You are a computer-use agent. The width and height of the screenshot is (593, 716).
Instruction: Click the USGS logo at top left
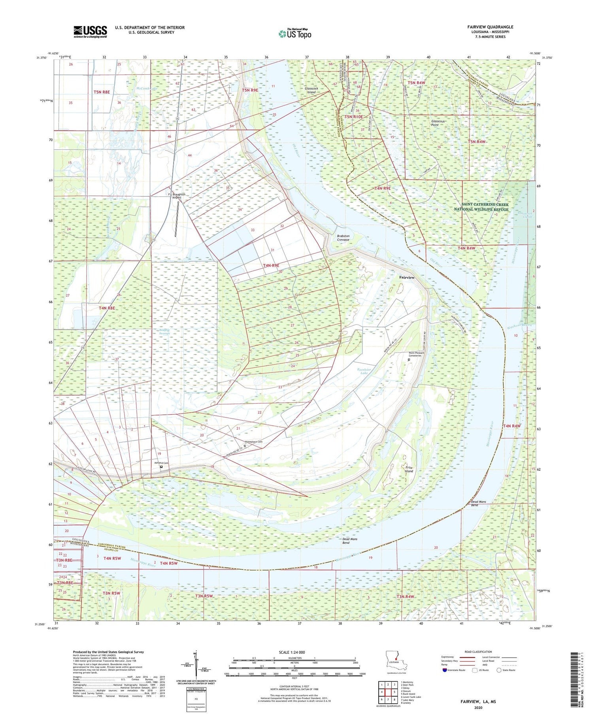click(x=90, y=32)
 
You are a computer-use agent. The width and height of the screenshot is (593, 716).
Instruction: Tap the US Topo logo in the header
click(x=295, y=34)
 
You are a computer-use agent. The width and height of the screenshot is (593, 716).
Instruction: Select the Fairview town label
click(x=407, y=277)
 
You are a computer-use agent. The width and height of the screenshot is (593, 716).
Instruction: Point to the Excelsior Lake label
click(x=363, y=371)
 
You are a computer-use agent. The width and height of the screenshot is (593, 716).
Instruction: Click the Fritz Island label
click(x=409, y=469)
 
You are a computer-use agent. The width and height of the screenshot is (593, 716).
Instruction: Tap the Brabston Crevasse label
click(x=343, y=238)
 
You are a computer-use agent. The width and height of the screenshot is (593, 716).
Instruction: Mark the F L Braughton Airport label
click(x=177, y=196)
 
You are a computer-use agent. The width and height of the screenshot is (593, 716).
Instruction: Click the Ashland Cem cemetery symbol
click(x=161, y=467)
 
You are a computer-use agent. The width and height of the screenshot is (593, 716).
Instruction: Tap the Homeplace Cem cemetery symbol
click(x=245, y=445)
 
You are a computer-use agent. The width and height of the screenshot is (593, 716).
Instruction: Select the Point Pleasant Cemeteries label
click(x=415, y=354)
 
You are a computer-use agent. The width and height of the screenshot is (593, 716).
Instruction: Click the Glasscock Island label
click(x=311, y=90)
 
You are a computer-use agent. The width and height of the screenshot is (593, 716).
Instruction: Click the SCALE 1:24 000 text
click(x=292, y=652)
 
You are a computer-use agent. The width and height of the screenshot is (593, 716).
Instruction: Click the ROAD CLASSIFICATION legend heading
click(x=478, y=652)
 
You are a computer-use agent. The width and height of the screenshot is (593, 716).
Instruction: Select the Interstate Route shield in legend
click(x=444, y=670)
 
